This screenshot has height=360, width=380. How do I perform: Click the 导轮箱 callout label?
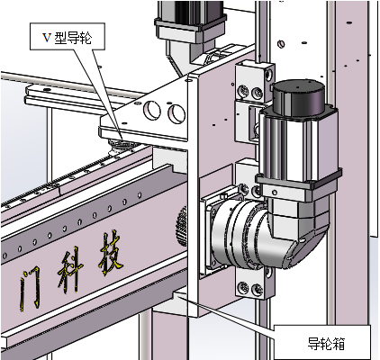[x=322, y=342]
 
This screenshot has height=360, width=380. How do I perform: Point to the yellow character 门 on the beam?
[x=30, y=288]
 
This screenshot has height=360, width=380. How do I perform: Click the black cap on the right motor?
[x=299, y=97]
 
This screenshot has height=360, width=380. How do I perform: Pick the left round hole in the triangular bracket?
[x=152, y=110]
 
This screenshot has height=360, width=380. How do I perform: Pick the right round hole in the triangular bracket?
[x=176, y=113]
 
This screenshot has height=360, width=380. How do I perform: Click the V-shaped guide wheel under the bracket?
[x=122, y=144]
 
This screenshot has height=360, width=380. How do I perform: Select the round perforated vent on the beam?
[x=182, y=226]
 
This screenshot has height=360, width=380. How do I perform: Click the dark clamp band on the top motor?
[x=190, y=23]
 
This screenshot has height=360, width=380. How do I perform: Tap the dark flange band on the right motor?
[x=299, y=179]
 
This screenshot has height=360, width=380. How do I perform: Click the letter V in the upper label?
[x=47, y=38]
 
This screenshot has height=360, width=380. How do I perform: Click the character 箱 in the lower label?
[x=338, y=344]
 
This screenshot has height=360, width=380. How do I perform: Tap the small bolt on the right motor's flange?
[x=275, y=192]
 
